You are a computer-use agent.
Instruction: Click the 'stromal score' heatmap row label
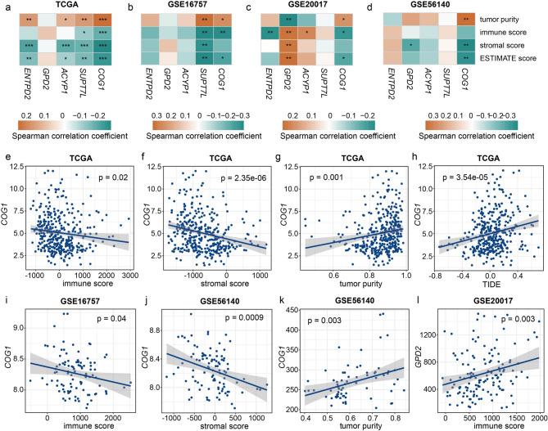(517, 45)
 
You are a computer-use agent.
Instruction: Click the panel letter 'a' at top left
(5, 6)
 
